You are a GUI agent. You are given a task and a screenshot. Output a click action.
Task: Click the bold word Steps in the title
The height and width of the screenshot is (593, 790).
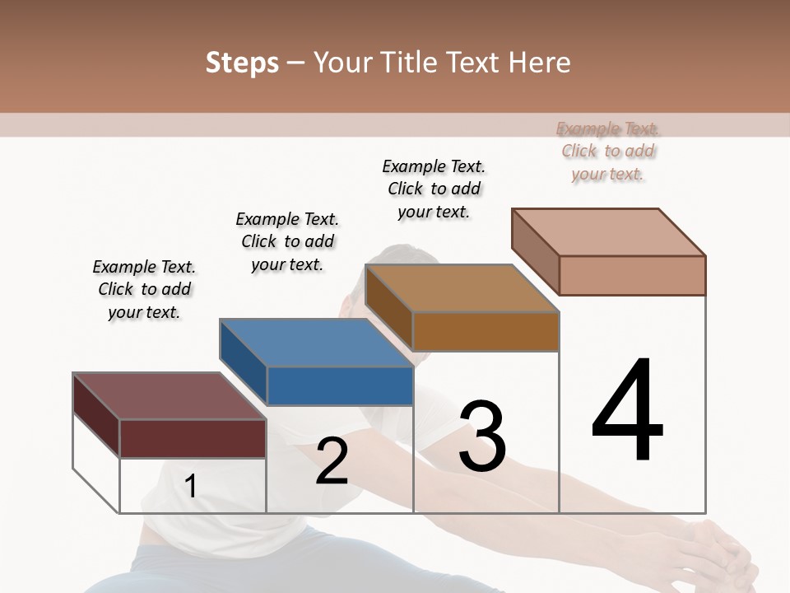click(242, 63)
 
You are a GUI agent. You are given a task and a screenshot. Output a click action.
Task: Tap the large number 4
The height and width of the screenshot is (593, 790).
click(627, 411)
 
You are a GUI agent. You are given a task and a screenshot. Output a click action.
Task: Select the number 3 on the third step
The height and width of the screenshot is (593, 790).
click(481, 437)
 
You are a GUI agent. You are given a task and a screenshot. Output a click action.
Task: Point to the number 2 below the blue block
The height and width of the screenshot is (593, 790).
click(332, 461)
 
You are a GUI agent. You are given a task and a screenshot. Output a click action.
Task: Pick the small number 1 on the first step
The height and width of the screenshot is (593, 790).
click(190, 486)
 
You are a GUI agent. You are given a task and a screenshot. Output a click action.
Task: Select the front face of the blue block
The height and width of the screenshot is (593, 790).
click(340, 385)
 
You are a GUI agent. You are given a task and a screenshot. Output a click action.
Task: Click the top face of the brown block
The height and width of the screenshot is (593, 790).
click(461, 288)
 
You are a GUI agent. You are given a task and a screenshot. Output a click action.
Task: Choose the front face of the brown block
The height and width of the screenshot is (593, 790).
click(486, 331)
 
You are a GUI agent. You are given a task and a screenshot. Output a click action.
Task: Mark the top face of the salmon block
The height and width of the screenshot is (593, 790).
click(609, 232)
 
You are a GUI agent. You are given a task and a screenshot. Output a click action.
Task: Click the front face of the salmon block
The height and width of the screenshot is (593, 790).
click(632, 275)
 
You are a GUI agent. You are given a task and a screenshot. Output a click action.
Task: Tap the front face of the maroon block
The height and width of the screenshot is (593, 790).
click(193, 438)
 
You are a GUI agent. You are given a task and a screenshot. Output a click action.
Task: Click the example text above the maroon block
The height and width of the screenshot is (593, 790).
click(144, 289)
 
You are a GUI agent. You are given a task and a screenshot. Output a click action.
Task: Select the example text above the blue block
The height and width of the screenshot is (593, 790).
click(287, 241)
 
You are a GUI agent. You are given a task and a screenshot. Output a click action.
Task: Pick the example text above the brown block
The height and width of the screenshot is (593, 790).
click(434, 189)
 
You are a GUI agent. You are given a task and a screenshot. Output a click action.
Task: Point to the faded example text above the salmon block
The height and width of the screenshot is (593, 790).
click(608, 151)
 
